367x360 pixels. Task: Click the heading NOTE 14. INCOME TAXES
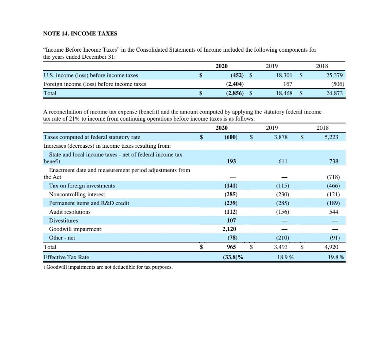point(80,34)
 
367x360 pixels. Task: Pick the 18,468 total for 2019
point(283,93)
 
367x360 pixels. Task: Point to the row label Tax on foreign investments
point(82,186)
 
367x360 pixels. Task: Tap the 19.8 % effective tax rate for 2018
point(336,257)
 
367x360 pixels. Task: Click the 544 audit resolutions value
point(334,212)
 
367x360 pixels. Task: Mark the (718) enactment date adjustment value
point(333,177)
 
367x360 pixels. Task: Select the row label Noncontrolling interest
point(77,195)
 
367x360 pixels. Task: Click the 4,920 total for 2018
point(330,247)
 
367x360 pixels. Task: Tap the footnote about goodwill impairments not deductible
point(108,267)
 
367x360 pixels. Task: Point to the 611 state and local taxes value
point(283,162)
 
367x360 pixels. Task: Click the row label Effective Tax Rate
point(66,257)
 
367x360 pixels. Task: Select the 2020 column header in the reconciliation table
point(222,128)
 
